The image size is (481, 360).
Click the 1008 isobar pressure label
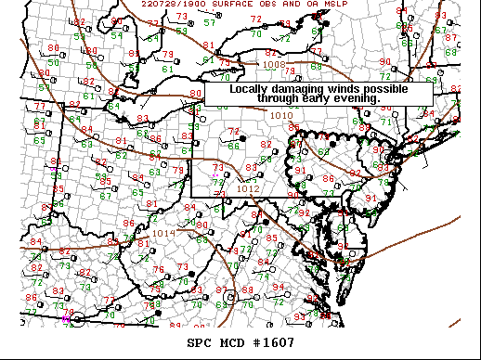274,65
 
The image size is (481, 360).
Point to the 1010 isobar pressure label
280,115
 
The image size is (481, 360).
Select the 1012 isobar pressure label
248,188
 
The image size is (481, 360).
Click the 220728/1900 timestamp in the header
167,4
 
